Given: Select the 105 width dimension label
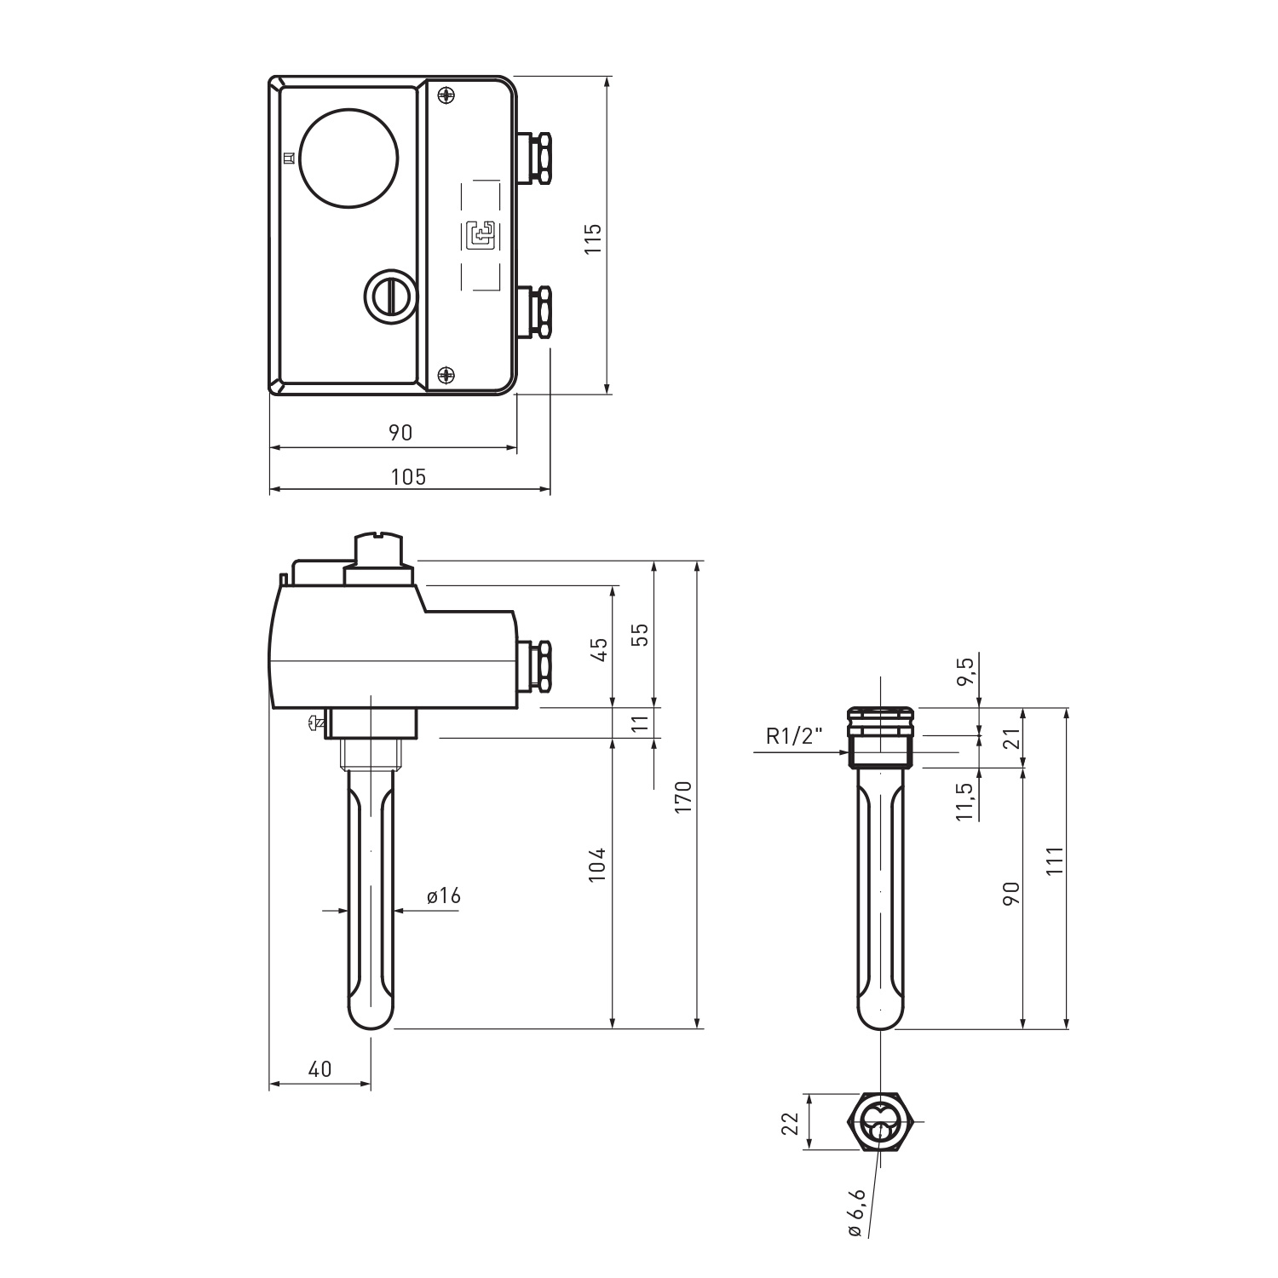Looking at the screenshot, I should (x=408, y=476).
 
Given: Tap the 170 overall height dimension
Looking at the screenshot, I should (x=683, y=796).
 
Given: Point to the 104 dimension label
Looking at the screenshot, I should (x=598, y=864).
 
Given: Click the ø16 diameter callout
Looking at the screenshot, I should (x=443, y=895).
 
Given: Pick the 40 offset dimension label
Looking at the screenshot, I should (x=319, y=1069).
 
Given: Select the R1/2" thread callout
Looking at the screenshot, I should (x=794, y=737).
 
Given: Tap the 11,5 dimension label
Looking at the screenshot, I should (x=964, y=802).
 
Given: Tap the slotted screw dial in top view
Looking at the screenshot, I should (x=391, y=296).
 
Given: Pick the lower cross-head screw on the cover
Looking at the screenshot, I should (x=446, y=374).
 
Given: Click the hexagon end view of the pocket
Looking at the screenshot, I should (x=881, y=1122).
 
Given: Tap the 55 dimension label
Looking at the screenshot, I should (x=641, y=634).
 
